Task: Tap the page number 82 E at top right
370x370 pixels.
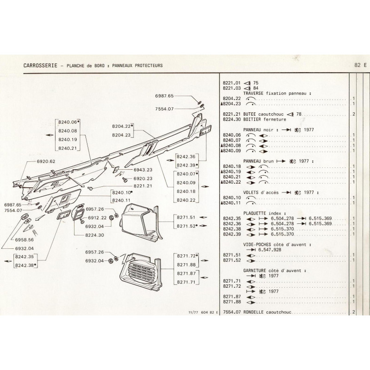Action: click(x=359, y=65)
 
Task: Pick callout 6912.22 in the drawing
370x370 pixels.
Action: click(x=97, y=217)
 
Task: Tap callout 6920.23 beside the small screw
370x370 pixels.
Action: click(x=143, y=179)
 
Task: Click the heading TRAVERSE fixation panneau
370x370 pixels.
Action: click(x=276, y=93)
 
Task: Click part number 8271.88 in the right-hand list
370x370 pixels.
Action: click(x=232, y=302)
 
